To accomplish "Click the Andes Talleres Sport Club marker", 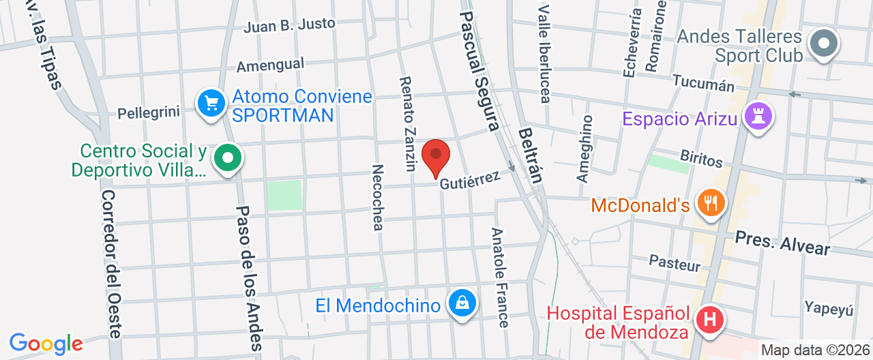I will coord(824,44).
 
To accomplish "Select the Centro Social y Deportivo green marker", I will coord(228,159).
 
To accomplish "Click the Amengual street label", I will coord(271,65).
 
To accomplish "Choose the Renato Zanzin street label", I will coord(409,123).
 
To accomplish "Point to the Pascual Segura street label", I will coord(480,71).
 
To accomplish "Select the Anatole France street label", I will coord(500,277).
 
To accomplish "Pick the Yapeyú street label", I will coord(829,308).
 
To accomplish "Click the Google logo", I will coord(45,344).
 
